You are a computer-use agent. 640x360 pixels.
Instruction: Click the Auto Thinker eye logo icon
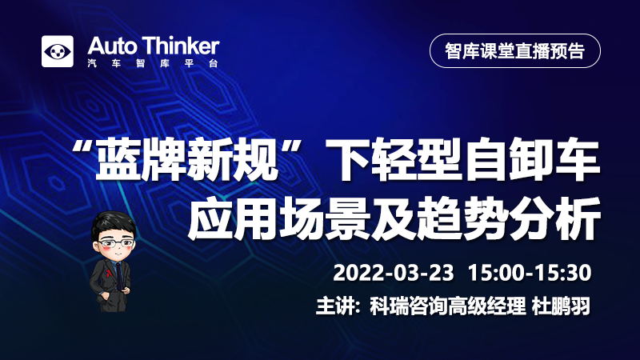58,51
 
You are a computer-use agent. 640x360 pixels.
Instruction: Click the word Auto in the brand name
112,46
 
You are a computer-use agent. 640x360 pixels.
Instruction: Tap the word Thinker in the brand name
182,46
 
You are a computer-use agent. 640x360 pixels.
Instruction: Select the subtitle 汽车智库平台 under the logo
153,64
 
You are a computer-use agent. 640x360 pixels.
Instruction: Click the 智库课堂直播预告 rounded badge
515,51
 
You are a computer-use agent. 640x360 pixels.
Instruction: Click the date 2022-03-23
394,273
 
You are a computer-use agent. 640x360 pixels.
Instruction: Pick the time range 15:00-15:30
530,273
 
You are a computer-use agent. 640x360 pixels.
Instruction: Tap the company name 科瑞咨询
408,306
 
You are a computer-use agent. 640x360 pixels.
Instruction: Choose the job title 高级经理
486,306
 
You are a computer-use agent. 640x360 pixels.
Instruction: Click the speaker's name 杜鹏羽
561,306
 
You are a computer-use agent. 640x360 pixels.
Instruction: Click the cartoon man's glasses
116,244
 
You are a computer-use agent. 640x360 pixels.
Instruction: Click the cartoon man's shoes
109,307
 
